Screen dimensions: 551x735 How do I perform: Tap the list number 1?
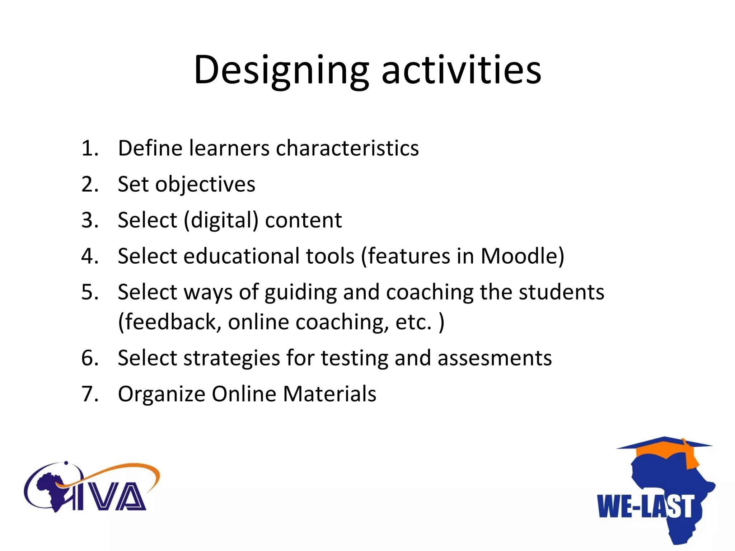click(90, 148)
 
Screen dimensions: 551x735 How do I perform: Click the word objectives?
click(205, 185)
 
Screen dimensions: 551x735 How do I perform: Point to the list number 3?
click(90, 220)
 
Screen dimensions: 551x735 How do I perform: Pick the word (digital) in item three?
click(221, 221)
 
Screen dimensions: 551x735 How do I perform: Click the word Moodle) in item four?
click(522, 256)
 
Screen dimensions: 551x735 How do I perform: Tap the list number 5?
click(90, 292)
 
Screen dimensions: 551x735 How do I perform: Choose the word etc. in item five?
click(413, 322)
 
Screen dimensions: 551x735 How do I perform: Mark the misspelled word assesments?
click(494, 358)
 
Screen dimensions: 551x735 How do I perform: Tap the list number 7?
click(90, 394)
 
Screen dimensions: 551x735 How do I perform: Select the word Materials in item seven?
click(329, 394)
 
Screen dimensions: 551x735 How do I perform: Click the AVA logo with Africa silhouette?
click(92, 488)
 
